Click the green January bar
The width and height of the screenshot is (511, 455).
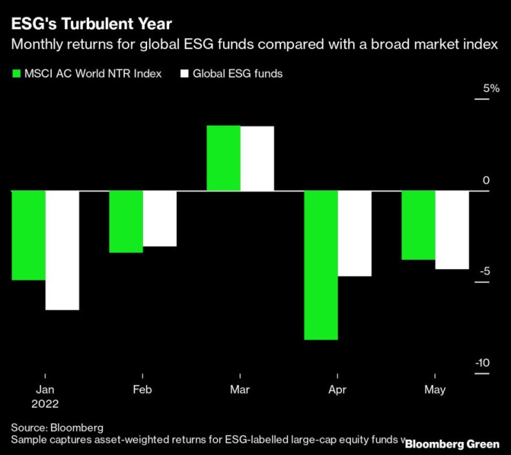click(29, 235)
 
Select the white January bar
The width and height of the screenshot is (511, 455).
click(62, 250)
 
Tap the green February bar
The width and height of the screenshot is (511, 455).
click(126, 221)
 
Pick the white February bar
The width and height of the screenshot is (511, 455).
click(160, 219)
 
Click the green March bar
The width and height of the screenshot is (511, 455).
click(224, 158)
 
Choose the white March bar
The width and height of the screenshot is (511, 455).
click(257, 158)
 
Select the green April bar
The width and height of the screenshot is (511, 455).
click(321, 265)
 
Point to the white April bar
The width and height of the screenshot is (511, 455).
click(354, 233)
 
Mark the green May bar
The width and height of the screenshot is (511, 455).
click(418, 225)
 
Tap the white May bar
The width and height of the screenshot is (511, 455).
click(452, 230)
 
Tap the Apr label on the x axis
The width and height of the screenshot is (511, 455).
click(337, 390)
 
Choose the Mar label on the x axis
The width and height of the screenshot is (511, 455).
click(240, 390)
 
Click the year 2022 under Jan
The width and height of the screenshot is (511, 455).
click(45, 404)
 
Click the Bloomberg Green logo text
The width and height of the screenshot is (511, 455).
click(452, 443)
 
